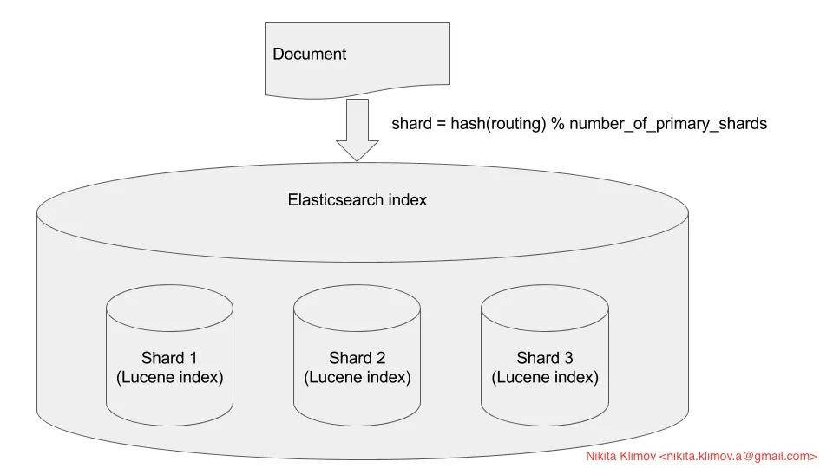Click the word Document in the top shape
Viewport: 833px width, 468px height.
tap(309, 54)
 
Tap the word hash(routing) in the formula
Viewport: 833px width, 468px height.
tap(498, 123)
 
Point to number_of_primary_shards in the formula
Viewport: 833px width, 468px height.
tap(668, 123)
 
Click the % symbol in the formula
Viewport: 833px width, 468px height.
tap(558, 123)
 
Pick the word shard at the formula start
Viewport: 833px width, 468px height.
tap(410, 123)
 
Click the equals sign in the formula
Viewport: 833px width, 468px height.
tap(440, 123)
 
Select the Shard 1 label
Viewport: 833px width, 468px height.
tap(169, 358)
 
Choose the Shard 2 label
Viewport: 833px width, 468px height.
tap(357, 358)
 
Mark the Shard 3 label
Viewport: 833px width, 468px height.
tap(544, 358)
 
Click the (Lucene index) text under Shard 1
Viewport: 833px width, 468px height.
tap(169, 378)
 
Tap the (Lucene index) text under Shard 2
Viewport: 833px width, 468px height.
tap(357, 378)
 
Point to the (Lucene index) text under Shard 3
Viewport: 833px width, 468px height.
tap(544, 378)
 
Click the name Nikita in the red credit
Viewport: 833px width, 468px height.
tap(602, 455)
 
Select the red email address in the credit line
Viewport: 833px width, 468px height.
tap(738, 455)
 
